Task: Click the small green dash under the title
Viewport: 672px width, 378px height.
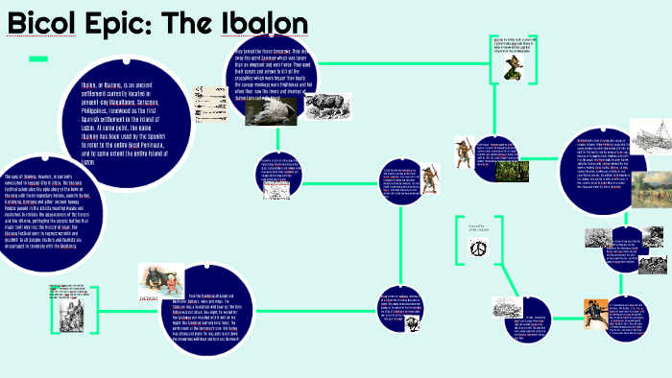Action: [37, 59]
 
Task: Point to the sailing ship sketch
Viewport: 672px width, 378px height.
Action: [649, 136]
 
